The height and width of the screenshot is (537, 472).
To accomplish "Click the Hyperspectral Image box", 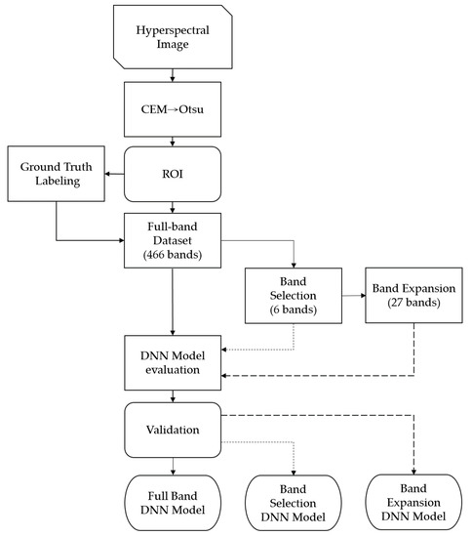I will pos(174,38).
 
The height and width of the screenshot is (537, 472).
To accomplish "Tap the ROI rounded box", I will pos(174,174).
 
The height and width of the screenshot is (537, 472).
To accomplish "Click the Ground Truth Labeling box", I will pos(55,175).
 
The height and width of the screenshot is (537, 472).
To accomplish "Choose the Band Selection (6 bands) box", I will pos(292,295).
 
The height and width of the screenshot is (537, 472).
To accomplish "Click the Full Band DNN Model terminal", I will pos(174,499).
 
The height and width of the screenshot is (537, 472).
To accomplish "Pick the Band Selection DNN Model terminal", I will pos(293,500).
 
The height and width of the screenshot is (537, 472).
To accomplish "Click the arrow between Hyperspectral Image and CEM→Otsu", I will pos(174,75).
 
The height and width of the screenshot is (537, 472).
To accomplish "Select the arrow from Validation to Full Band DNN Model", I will pos(174,463).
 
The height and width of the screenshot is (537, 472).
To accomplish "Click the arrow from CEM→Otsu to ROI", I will pos(174,142).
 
